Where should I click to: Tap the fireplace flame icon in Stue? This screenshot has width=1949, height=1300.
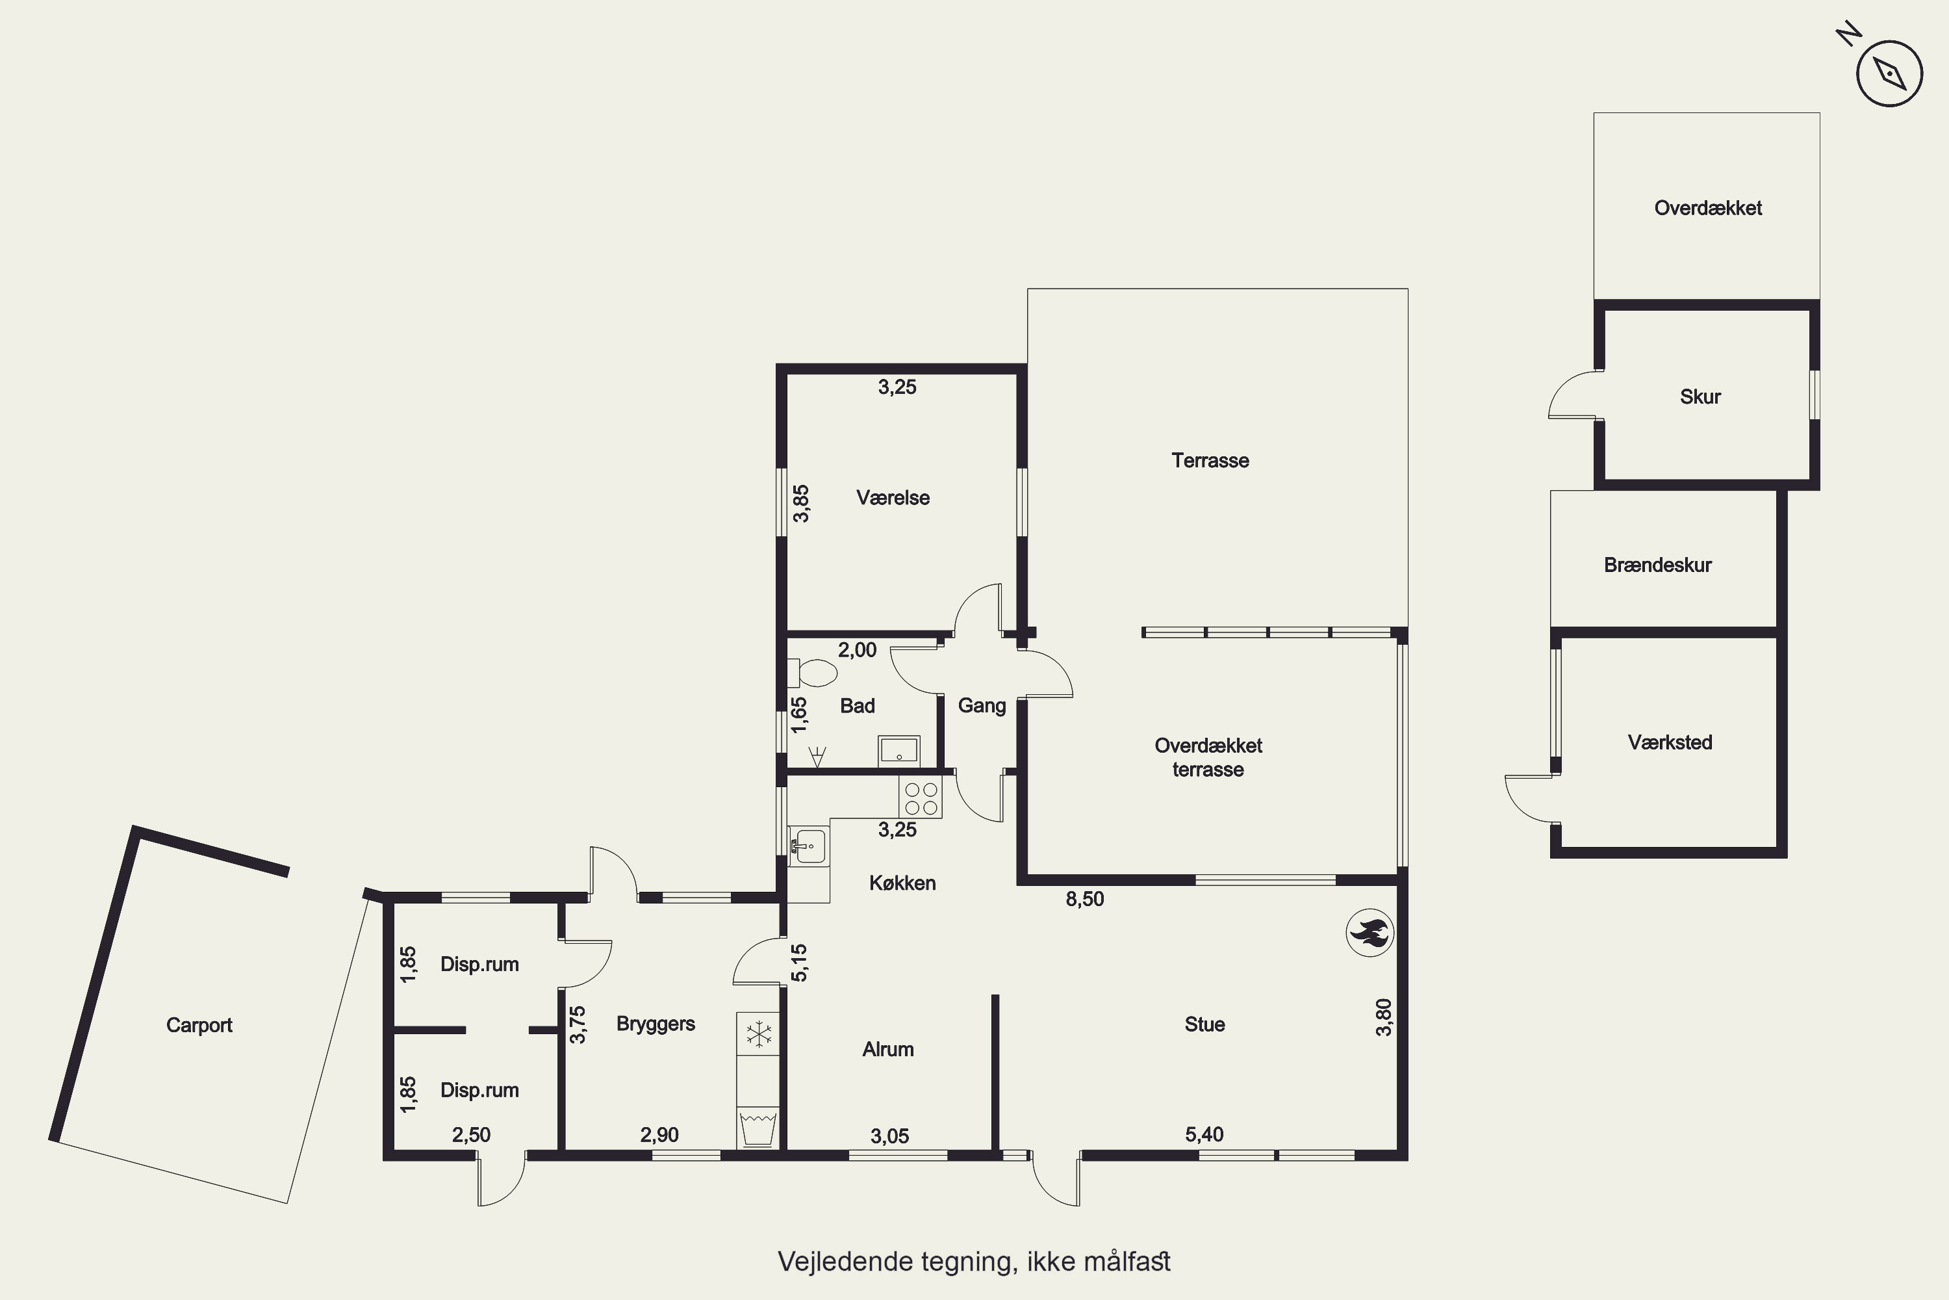pos(1369,933)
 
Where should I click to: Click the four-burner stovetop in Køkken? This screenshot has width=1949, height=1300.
pos(921,798)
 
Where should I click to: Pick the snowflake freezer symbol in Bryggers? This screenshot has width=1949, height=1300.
pos(758,1034)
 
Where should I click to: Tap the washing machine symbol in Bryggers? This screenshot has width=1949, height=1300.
pos(758,1128)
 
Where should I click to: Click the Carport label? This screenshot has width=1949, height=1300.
pos(199,1026)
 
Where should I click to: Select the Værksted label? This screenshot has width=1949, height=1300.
pos(1670,742)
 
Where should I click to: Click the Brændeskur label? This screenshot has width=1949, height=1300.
pos(1657,565)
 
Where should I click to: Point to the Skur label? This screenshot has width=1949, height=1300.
pos(1700,397)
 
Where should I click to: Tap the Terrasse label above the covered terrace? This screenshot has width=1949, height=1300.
pos(1210,460)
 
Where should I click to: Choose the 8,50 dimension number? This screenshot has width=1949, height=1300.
pos(1085,900)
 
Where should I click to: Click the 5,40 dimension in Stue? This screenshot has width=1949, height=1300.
pos(1204,1135)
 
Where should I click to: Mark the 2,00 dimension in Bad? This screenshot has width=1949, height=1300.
pos(857,650)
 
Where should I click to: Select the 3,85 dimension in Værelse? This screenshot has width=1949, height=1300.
pos(801,504)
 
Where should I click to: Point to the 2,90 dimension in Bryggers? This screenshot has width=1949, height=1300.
pos(659,1135)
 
